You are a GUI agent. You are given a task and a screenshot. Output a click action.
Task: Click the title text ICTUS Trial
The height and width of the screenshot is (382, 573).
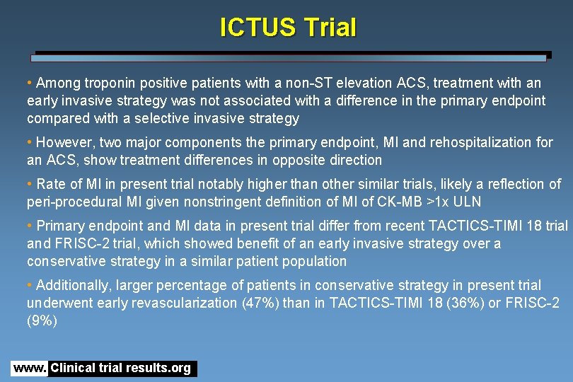point(288,28)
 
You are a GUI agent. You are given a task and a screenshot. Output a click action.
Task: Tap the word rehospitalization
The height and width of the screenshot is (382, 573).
point(478,142)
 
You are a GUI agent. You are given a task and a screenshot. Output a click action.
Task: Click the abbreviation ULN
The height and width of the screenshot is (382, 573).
point(467,202)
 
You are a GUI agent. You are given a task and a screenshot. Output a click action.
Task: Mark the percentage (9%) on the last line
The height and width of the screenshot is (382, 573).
point(42,320)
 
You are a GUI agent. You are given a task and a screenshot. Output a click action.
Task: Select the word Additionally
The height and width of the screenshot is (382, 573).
point(76,285)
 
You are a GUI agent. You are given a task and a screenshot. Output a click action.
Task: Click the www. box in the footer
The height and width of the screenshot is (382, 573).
point(29,369)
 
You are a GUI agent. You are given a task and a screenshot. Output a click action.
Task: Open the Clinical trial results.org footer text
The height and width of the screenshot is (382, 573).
point(121,369)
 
